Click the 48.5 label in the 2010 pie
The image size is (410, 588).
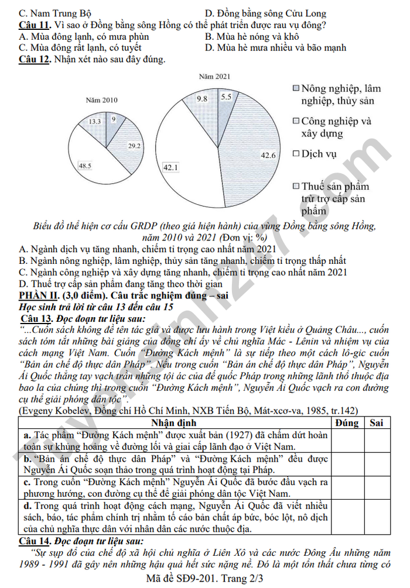[85, 166]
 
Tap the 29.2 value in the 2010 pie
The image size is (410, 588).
[134, 146]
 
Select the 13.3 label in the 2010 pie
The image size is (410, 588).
[95, 121]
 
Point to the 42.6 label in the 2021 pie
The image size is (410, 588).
[268, 155]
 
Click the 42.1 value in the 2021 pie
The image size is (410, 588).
[170, 167]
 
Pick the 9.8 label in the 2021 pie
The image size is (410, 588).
[202, 99]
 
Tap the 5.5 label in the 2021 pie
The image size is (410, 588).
[226, 97]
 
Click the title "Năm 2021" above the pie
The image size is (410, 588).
[214, 76]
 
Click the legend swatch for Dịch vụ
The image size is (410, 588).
[296, 154]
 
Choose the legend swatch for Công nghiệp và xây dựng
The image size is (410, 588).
[296, 121]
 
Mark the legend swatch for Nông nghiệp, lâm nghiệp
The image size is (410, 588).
[296, 88]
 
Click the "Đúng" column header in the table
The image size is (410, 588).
[347, 422]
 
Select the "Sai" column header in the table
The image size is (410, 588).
[377, 422]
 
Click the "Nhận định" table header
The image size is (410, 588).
[174, 422]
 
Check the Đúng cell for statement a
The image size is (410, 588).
[347, 441]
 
